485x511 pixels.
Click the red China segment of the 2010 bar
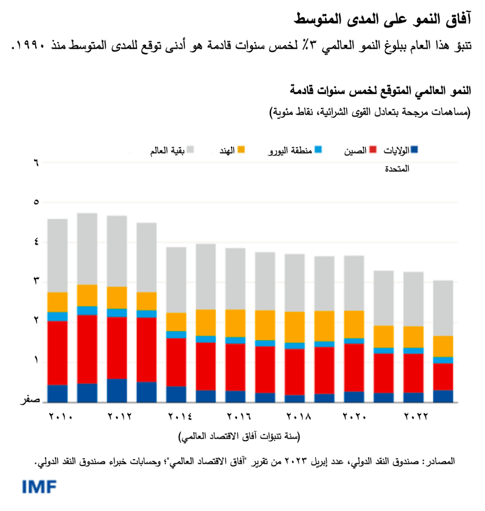click(x=58, y=353)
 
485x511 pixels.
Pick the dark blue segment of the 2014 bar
click(x=176, y=394)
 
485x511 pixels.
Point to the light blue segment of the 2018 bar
click(x=295, y=346)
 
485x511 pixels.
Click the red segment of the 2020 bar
click(x=355, y=367)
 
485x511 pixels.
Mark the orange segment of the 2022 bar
click(x=414, y=337)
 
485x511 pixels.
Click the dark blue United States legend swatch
click(x=415, y=149)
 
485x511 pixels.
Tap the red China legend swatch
click(x=373, y=149)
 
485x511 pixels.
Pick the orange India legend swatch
click(x=241, y=149)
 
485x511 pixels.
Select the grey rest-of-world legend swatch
click(x=190, y=149)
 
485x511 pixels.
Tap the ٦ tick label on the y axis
click(x=35, y=162)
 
